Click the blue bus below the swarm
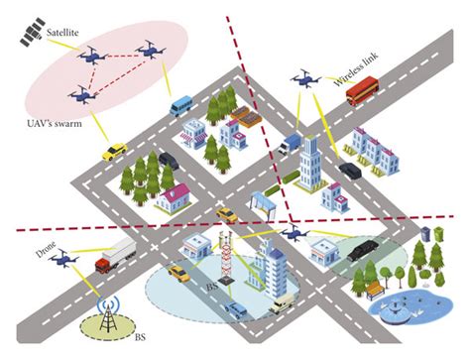179,104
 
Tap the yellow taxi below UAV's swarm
115,152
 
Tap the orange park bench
374,291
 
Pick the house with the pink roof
171,194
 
